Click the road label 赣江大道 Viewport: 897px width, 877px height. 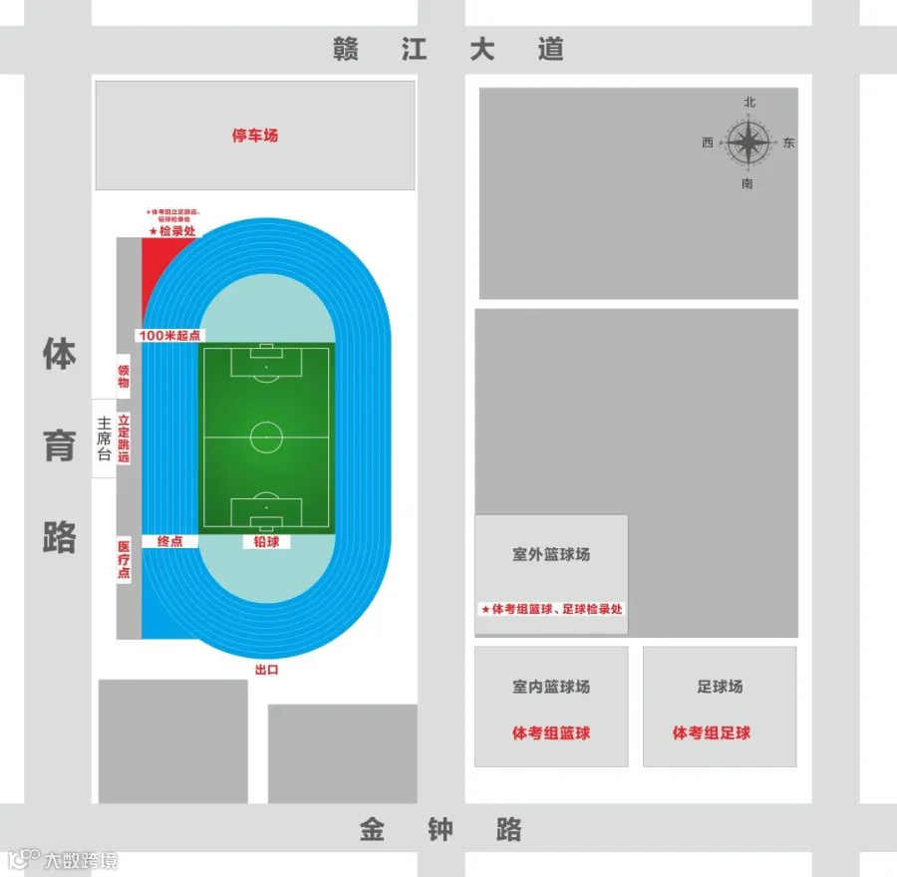[x=448, y=50]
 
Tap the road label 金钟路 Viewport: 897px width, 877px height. [x=442, y=829]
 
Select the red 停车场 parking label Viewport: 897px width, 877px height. [x=255, y=136]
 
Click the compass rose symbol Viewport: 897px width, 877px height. [x=747, y=144]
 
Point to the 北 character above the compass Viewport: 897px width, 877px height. [x=749, y=103]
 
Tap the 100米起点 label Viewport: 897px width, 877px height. [x=169, y=336]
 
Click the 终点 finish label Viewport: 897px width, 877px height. [x=169, y=541]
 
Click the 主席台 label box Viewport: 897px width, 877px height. [x=104, y=438]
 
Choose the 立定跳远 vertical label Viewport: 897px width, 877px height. [x=124, y=438]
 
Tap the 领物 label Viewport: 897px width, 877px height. [x=124, y=376]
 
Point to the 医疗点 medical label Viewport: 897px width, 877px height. [x=124, y=560]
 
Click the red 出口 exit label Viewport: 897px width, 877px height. [x=266, y=670]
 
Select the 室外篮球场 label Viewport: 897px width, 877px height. [x=551, y=554]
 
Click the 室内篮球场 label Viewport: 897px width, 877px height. [x=551, y=687]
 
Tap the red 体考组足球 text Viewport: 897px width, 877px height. [x=712, y=733]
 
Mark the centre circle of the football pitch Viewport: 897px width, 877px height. [x=266, y=437]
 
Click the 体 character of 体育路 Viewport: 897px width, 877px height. [x=60, y=354]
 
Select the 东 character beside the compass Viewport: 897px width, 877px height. [x=789, y=144]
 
